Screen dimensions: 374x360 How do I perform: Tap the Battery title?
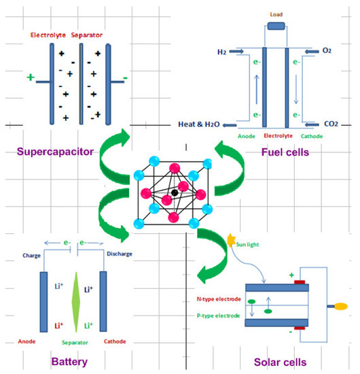[x=69, y=361]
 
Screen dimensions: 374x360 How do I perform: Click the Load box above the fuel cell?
[x=276, y=27]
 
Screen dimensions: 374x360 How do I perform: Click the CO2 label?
[x=329, y=124]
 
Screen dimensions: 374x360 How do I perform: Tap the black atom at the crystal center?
[x=175, y=193]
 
